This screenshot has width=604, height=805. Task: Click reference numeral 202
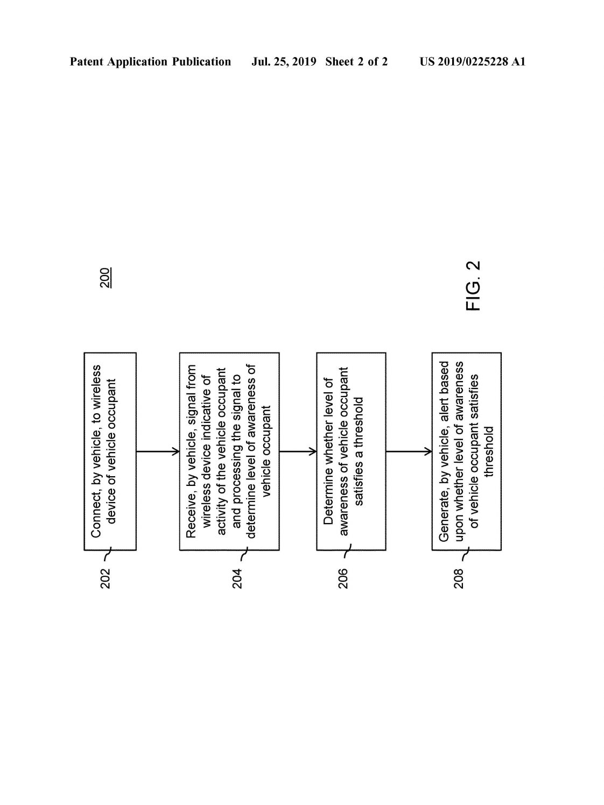click(x=106, y=578)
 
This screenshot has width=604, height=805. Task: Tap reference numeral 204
click(x=237, y=578)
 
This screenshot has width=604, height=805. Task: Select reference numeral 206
click(x=343, y=578)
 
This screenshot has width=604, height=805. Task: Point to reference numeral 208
click(x=459, y=578)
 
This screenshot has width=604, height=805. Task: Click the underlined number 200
click(x=106, y=278)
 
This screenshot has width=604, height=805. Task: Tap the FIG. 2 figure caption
click(x=473, y=286)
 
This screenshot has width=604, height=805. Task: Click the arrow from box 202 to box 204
click(x=158, y=451)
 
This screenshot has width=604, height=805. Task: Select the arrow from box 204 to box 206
click(x=298, y=451)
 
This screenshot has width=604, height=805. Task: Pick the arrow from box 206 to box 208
click(x=409, y=451)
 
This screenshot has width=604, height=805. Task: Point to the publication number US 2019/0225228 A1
click(x=472, y=62)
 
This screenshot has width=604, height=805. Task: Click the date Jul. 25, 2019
click(x=284, y=62)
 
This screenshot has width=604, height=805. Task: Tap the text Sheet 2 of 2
click(x=356, y=62)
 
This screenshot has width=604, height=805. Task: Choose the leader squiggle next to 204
click(x=243, y=555)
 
